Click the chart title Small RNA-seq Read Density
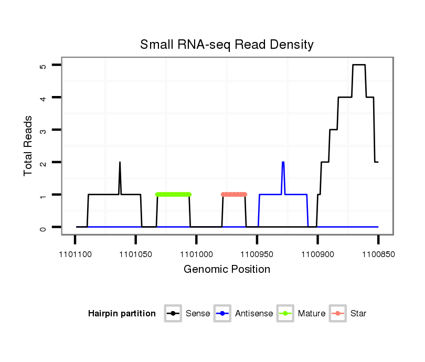[227, 45]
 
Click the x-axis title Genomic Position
[227, 270]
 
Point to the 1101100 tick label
[75, 254]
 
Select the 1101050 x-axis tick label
[135, 254]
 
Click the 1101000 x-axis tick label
[196, 254]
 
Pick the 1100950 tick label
[257, 254]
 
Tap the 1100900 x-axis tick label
[317, 254]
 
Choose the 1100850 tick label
[378, 254]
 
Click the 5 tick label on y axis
[42, 65]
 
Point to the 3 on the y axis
[42, 130]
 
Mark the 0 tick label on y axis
[42, 227]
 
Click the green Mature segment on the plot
[173, 195]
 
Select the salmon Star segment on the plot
[234, 195]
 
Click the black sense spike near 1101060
[120, 164]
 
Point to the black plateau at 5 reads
[359, 65]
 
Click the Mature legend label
[312, 314]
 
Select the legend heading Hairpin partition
[122, 314]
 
